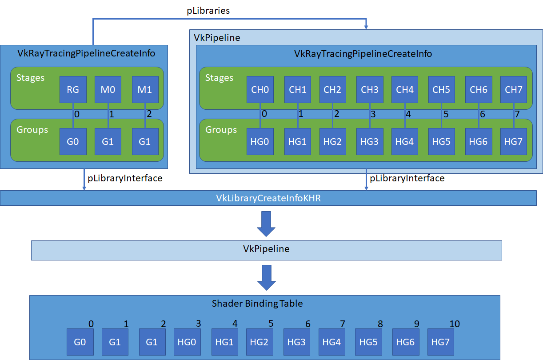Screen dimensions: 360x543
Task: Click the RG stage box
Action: (x=73, y=89)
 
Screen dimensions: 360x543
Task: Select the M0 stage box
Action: (x=108, y=89)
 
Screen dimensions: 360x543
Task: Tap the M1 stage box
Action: (x=145, y=89)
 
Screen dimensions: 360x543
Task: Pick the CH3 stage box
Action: (x=369, y=89)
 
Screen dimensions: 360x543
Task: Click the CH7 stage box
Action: (x=514, y=89)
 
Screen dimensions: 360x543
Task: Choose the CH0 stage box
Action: (x=260, y=89)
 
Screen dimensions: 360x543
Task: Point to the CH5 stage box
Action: (x=441, y=89)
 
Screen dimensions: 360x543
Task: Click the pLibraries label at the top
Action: (x=208, y=11)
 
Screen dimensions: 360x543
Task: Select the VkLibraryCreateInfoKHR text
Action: (x=268, y=198)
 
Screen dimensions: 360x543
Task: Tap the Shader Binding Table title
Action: (x=257, y=304)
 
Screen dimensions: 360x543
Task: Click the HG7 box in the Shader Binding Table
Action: (x=440, y=342)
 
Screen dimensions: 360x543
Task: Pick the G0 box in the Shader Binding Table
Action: (x=80, y=342)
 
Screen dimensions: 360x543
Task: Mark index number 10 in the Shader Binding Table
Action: (x=454, y=324)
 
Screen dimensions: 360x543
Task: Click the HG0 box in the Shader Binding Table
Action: (x=187, y=342)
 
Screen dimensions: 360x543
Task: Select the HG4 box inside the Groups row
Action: (x=405, y=142)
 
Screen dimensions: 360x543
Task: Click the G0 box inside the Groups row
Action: (x=73, y=142)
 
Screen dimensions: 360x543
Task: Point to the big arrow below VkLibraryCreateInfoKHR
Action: (x=266, y=224)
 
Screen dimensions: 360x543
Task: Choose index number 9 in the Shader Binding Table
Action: (x=416, y=324)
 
